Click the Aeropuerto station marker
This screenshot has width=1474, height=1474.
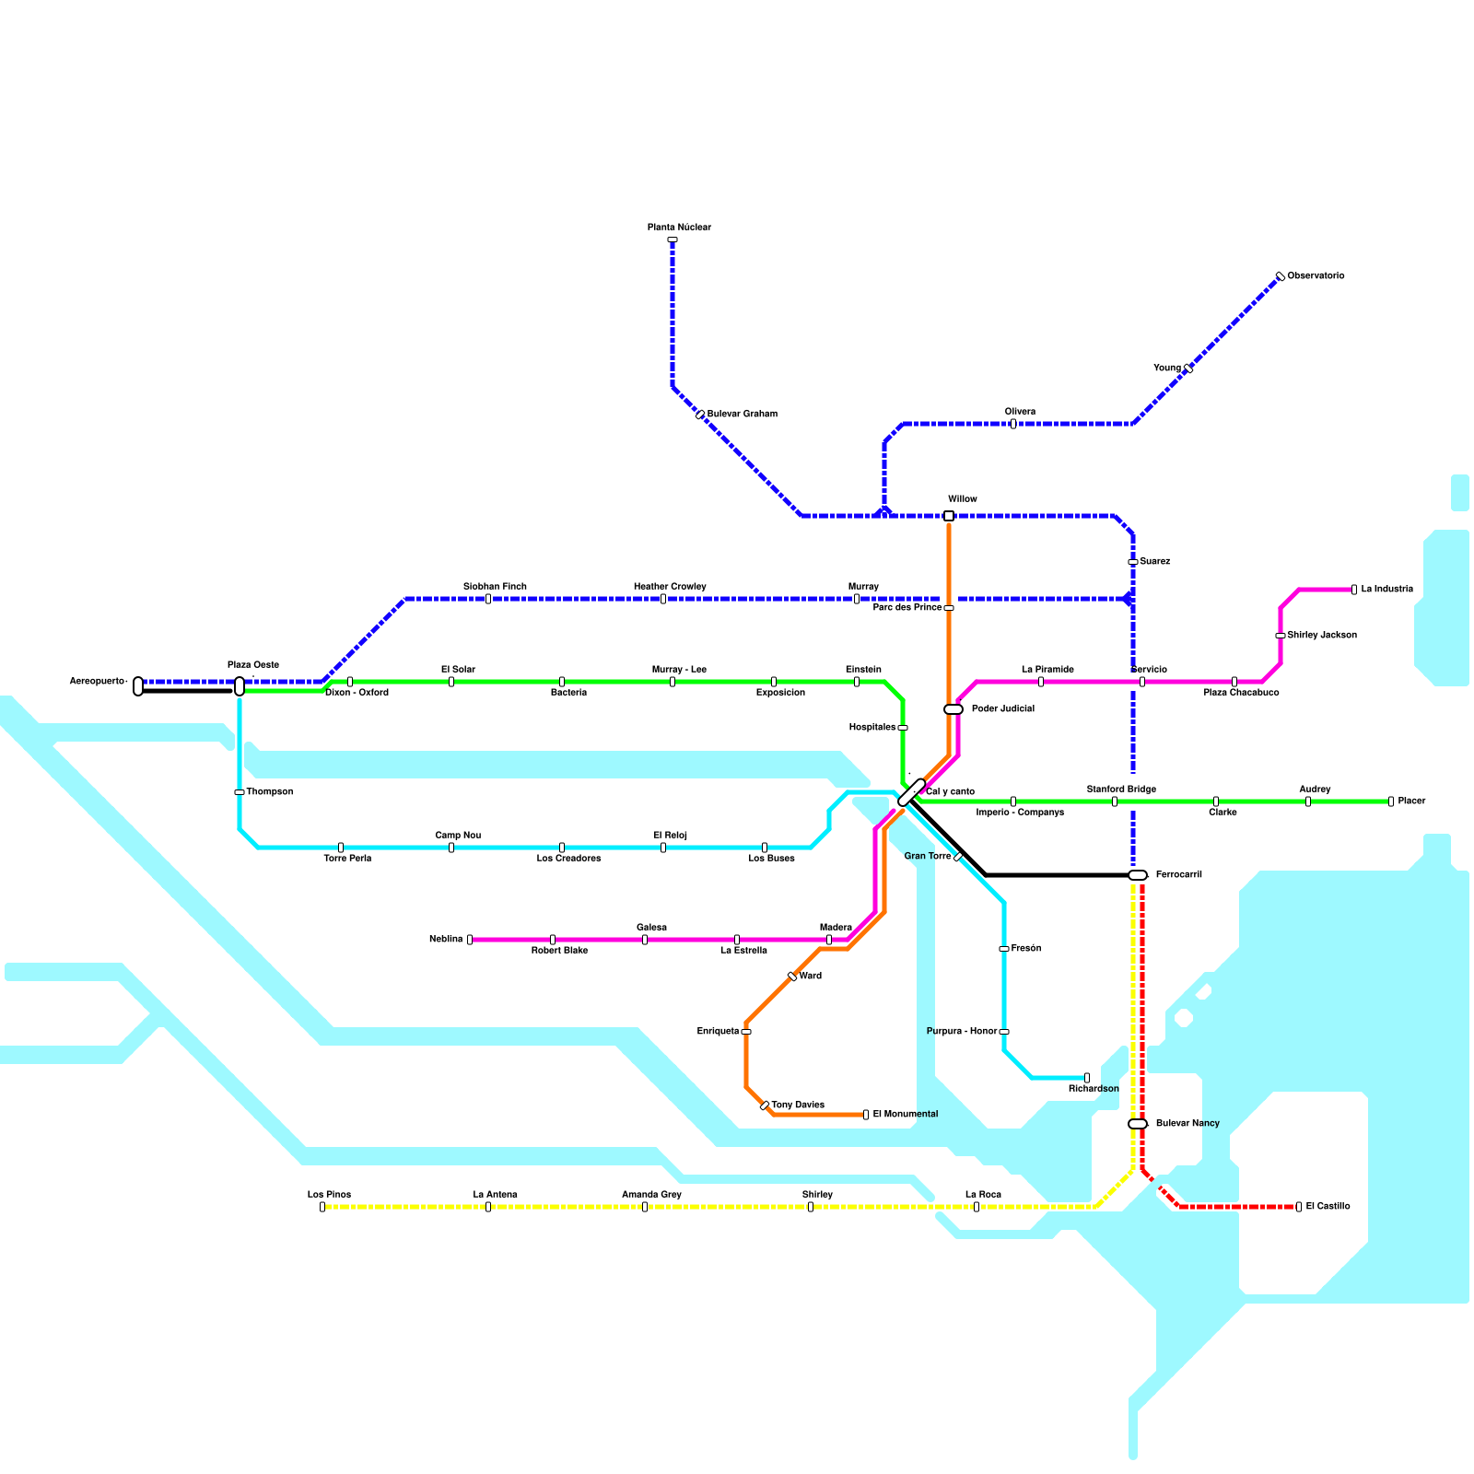[138, 686]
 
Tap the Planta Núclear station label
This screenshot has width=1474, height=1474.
[679, 228]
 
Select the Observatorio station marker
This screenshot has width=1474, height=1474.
[1280, 276]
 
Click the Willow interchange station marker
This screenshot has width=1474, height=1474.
[949, 516]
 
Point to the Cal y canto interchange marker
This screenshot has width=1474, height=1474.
[911, 792]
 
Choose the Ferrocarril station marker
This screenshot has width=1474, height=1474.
[1138, 875]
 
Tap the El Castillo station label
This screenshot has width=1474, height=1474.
[1328, 1207]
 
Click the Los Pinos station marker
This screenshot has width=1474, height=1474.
[322, 1207]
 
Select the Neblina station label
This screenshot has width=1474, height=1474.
[446, 940]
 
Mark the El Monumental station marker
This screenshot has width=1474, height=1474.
[866, 1115]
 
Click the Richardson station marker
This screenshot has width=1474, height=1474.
[1087, 1078]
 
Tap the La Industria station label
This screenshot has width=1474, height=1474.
[1386, 590]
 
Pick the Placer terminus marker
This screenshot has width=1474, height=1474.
[1391, 801]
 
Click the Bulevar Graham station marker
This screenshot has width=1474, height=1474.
[700, 415]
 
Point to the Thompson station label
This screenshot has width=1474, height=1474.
[269, 792]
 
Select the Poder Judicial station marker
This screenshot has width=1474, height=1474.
[953, 709]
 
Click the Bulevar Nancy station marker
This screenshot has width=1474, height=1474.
[1138, 1124]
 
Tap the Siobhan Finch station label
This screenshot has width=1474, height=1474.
[495, 587]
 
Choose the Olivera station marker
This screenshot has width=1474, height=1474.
[1013, 424]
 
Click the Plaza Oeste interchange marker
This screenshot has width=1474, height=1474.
[240, 686]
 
